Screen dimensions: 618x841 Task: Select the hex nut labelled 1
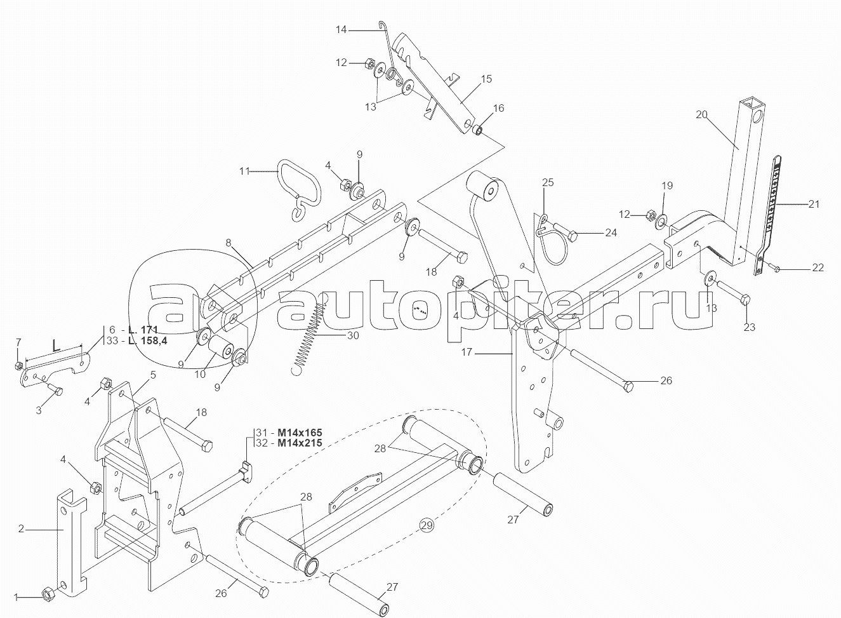pyautogui.click(x=47, y=593)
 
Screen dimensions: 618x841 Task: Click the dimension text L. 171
pyautogui.click(x=142, y=330)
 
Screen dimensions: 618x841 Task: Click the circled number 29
pyautogui.click(x=427, y=525)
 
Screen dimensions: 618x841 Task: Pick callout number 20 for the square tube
pyautogui.click(x=701, y=114)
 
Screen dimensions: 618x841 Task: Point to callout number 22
pyautogui.click(x=818, y=267)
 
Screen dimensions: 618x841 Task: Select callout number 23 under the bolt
pyautogui.click(x=750, y=328)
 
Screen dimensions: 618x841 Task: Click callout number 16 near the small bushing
pyautogui.click(x=499, y=108)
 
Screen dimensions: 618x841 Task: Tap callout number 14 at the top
pyautogui.click(x=339, y=29)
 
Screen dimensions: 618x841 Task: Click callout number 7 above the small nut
pyautogui.click(x=18, y=344)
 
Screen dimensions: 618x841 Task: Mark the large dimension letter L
pyautogui.click(x=56, y=347)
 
